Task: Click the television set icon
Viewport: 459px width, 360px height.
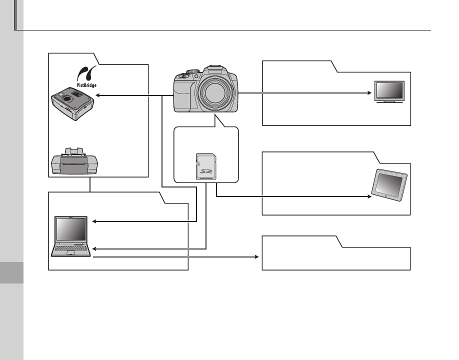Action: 389,92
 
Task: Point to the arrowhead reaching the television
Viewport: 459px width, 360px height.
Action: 372,93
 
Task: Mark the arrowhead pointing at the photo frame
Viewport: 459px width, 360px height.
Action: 369,195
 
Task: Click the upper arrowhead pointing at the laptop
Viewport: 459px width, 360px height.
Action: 95,221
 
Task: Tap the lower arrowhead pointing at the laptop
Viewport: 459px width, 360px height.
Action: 95,248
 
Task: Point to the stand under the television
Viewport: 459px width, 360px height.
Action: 389,101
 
